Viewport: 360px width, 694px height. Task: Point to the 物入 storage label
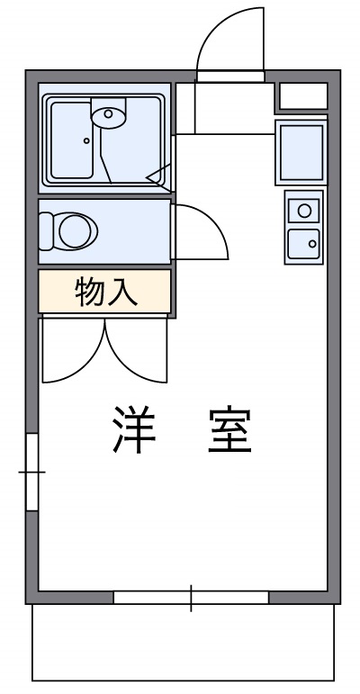(104, 293)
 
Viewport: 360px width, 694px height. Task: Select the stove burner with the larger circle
(304, 211)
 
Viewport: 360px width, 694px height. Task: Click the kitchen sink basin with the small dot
(304, 242)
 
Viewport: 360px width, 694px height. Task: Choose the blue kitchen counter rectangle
(301, 153)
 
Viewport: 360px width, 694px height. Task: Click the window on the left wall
(31, 471)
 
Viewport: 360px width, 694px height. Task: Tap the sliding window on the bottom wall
(191, 597)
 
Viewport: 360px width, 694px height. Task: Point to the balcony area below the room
(184, 644)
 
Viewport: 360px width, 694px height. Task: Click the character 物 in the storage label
(89, 293)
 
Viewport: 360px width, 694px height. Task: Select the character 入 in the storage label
(122, 293)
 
